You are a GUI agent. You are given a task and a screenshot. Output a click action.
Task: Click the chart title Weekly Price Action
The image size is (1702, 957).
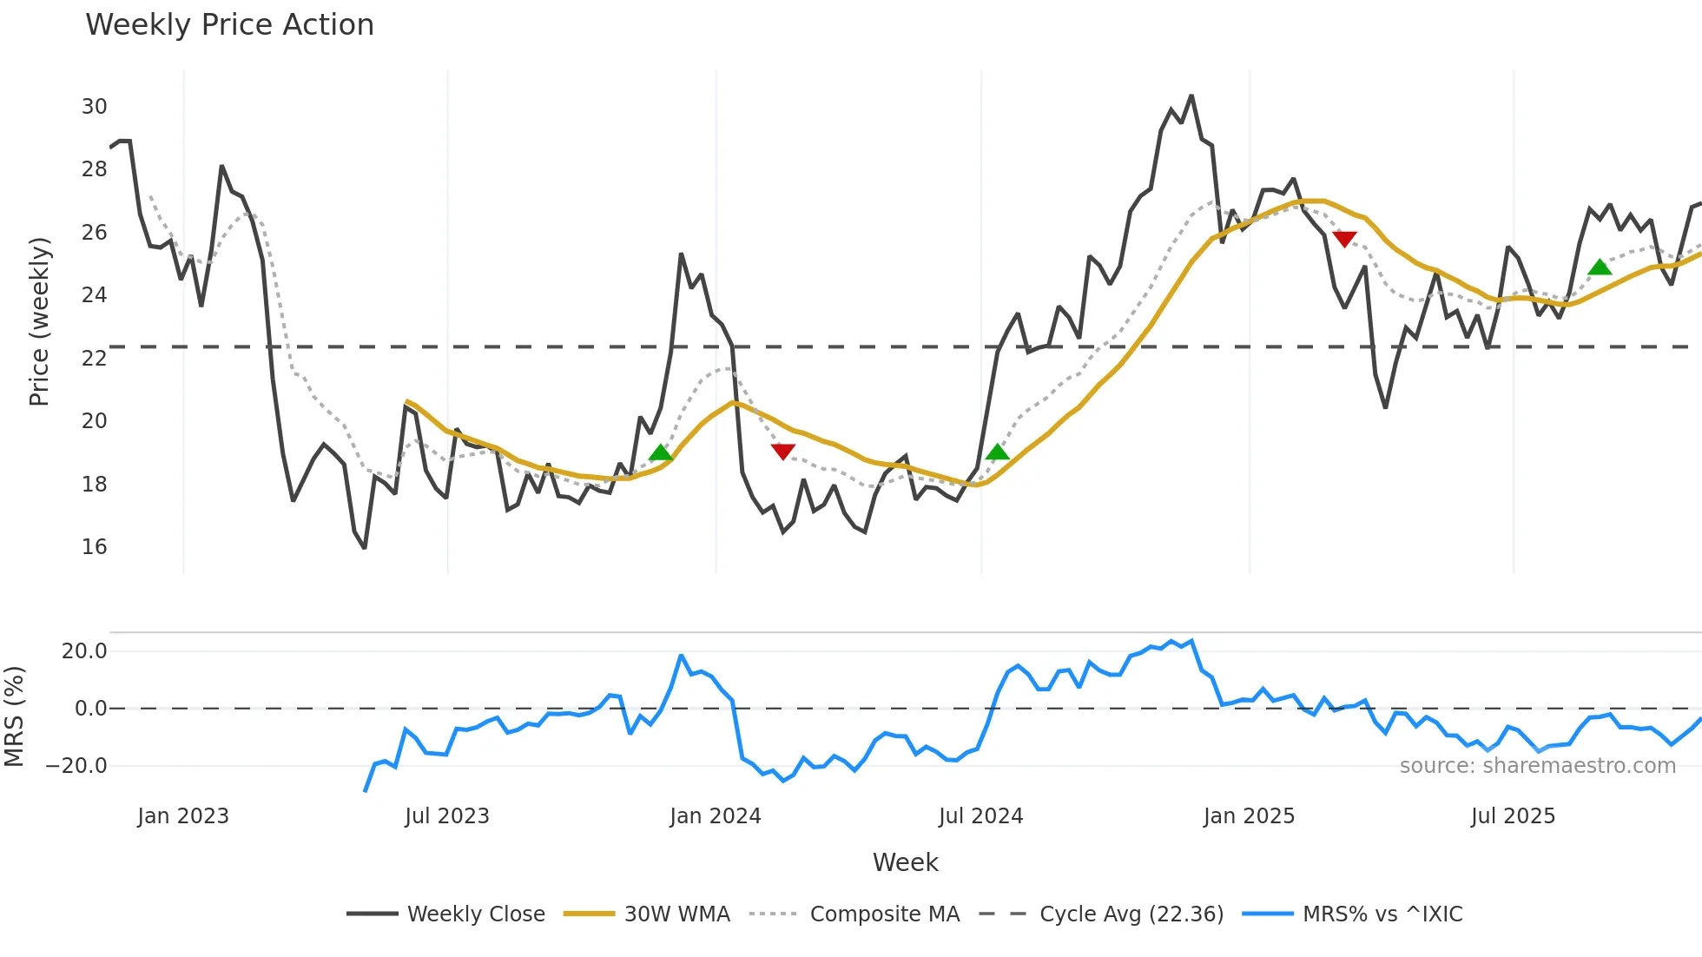(229, 25)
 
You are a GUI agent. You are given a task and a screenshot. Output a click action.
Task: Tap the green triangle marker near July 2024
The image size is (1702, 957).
(998, 452)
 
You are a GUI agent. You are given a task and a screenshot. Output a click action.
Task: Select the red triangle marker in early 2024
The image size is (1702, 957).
(782, 452)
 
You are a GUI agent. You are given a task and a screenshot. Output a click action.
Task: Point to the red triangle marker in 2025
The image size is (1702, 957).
(1344, 239)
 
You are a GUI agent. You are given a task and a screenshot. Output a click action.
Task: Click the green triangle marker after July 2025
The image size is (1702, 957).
(1600, 267)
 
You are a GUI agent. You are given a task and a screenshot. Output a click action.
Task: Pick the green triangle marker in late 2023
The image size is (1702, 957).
(661, 452)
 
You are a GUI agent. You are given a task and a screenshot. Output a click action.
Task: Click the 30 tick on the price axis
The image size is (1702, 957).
(94, 107)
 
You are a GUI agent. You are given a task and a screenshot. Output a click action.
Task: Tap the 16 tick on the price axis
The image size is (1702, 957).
(94, 547)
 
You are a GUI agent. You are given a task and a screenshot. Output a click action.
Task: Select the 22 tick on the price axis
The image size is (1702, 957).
(94, 358)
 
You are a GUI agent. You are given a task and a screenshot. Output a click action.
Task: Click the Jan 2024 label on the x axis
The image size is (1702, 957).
(715, 816)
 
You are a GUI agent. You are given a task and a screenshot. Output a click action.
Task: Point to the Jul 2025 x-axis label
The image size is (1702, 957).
(1513, 816)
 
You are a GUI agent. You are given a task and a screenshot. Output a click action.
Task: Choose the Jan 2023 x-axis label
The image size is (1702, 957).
(182, 816)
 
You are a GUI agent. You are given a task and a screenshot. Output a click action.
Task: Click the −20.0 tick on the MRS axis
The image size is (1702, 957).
(76, 766)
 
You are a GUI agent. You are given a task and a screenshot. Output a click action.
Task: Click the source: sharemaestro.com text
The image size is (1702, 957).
(1537, 766)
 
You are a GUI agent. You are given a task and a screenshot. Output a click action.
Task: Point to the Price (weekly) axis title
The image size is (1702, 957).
(39, 321)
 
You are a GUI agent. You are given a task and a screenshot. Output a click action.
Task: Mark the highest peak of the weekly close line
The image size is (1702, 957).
(1191, 96)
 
